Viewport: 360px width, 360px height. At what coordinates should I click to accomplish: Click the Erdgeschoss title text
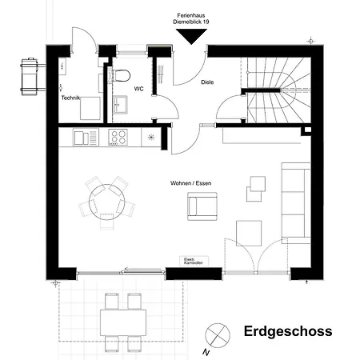(287, 331)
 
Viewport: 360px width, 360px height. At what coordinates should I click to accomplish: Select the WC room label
(138, 89)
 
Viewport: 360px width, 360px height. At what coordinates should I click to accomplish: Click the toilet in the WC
(122, 76)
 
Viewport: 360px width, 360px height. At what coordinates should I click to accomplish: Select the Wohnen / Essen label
(190, 183)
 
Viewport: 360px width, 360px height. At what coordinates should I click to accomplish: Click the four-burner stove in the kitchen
(118, 138)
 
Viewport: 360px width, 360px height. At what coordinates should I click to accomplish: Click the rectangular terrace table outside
(122, 322)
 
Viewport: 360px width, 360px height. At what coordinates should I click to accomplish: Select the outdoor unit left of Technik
(30, 74)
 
